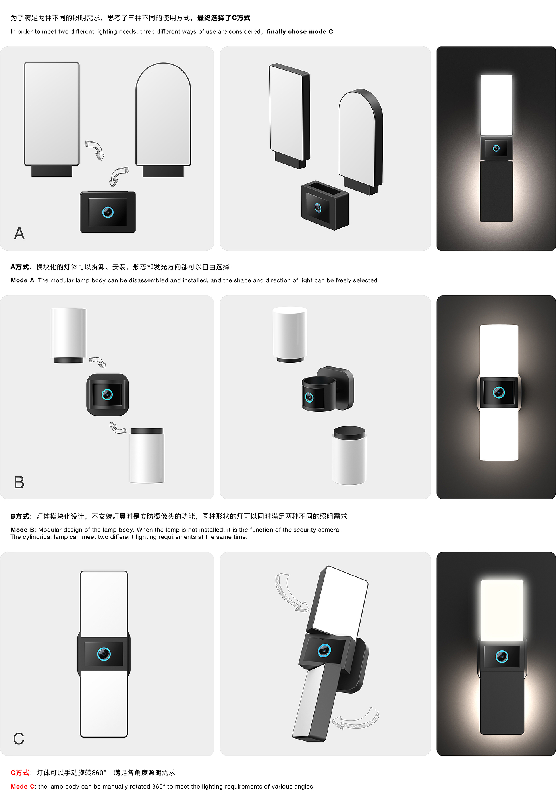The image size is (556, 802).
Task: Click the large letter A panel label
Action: [19, 233]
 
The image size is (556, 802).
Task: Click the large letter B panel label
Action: [19, 482]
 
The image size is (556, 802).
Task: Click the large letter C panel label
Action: [19, 739]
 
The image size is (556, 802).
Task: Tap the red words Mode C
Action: [23, 787]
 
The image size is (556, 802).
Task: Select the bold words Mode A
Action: [23, 280]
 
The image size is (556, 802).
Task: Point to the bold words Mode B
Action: [23, 530]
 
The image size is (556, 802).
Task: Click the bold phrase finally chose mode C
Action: [300, 31]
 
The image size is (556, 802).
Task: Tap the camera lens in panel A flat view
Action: [108, 212]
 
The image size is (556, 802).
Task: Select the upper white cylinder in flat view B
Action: [69, 335]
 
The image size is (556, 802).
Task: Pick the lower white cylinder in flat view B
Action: [147, 455]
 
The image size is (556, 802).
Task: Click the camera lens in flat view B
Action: [107, 394]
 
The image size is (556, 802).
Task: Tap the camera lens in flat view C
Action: [104, 654]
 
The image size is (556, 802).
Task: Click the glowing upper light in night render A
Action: [496, 105]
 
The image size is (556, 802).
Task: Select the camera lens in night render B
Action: [499, 392]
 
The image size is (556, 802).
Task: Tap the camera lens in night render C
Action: [502, 656]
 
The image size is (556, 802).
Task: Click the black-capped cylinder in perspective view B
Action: [349, 455]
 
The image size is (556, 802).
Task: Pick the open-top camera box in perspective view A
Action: [325, 205]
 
